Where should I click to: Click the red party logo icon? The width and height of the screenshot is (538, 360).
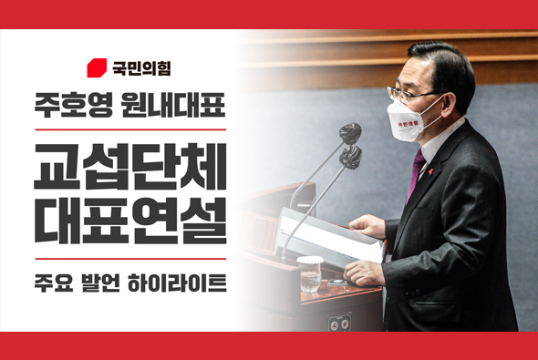96,67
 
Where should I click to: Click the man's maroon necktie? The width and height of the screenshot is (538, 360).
417,174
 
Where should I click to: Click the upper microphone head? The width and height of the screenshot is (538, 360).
349,133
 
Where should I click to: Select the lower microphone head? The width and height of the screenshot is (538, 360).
350,157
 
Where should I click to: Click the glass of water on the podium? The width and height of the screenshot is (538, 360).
309,273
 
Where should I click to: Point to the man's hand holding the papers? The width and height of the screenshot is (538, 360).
365,271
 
